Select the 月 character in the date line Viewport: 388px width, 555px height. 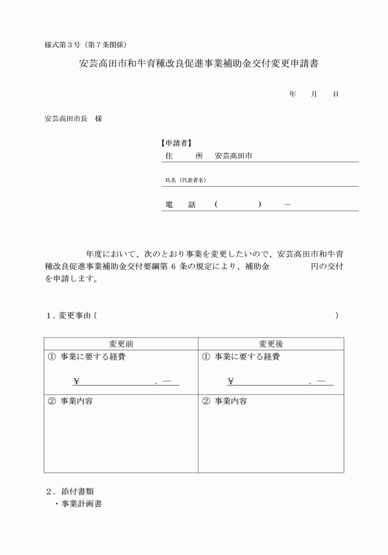pyautogui.click(x=313, y=94)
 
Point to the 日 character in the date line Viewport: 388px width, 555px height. pyautogui.click(x=336, y=94)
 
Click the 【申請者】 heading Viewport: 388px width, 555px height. pyautogui.click(x=176, y=143)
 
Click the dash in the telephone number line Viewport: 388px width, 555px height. pyautogui.click(x=288, y=205)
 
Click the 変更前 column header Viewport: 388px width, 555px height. pyautogui.click(x=121, y=344)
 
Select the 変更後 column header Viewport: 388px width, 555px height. pyautogui.click(x=271, y=344)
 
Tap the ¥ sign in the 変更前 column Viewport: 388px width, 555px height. pyautogui.click(x=76, y=382)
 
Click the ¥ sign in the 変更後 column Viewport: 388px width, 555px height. pyautogui.click(x=230, y=382)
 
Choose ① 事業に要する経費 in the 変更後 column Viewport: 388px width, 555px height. pyautogui.click(x=241, y=357)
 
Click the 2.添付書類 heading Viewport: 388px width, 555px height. pyautogui.click(x=70, y=492)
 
